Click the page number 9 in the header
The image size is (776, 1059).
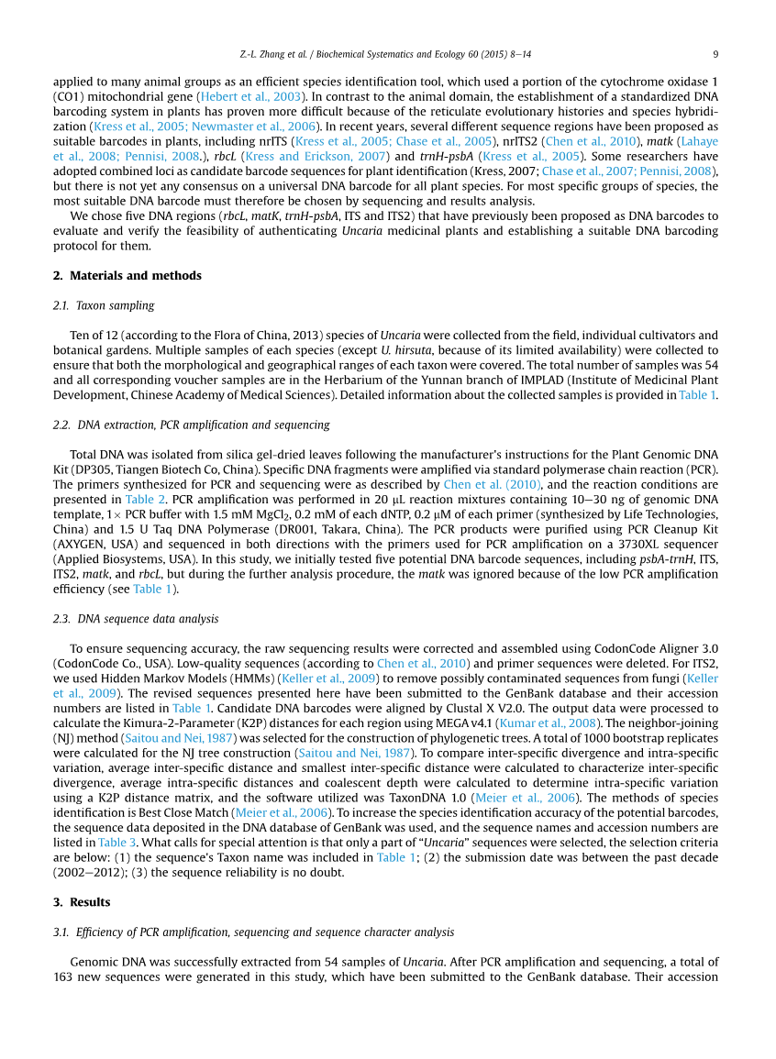[x=715, y=53]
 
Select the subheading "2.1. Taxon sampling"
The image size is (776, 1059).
[x=104, y=305]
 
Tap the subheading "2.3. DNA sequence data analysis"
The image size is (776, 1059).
[x=136, y=619]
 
